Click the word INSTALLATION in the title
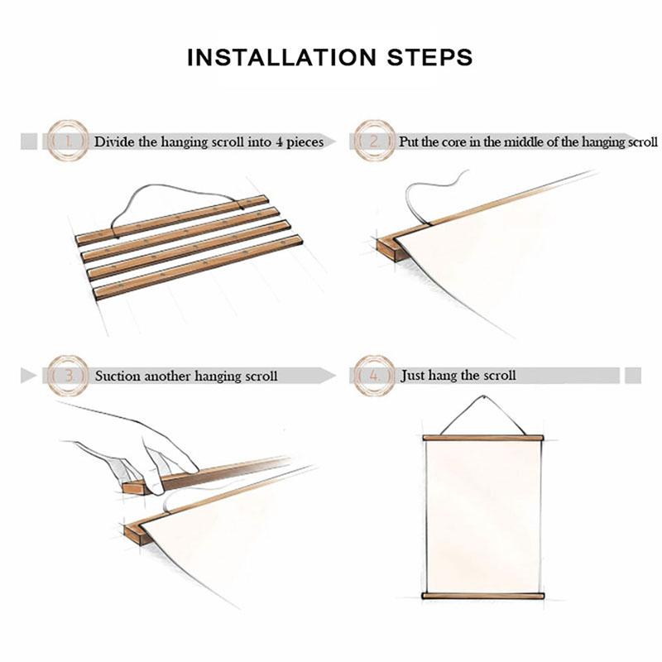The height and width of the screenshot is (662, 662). [281, 57]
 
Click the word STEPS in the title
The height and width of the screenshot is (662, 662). [429, 57]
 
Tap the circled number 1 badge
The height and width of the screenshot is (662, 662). [68, 141]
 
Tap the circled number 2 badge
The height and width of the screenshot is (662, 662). [375, 141]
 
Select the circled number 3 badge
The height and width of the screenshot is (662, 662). [68, 376]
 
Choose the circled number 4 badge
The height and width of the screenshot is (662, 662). [375, 376]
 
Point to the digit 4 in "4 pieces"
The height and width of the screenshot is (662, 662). [280, 142]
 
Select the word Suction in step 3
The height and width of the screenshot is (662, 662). [118, 376]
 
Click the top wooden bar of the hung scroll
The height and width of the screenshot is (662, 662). [483, 438]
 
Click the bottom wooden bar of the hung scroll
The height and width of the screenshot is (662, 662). [483, 596]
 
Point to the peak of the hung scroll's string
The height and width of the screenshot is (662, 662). [483, 396]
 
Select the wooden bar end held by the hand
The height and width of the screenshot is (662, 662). [134, 488]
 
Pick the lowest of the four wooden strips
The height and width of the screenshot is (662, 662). [199, 267]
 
